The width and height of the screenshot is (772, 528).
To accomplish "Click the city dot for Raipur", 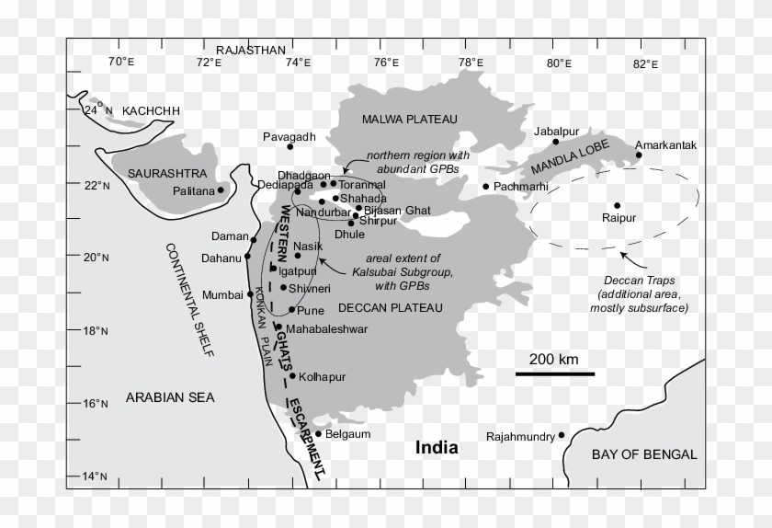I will point(617,205).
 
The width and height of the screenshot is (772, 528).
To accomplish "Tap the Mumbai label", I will point(223,295).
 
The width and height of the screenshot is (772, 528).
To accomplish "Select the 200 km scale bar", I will point(554,373).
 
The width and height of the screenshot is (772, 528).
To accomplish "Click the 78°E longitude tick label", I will point(471,63).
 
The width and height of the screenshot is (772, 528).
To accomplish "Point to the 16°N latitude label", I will point(96,404).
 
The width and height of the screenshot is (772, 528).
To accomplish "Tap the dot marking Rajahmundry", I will point(562,435).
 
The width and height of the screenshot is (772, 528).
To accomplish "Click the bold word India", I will point(437,448).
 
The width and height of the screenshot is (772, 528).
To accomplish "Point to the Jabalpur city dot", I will point(556,142).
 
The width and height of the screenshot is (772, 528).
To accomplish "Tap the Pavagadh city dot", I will point(290,146).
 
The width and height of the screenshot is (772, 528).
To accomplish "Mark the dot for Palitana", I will point(221,190).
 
